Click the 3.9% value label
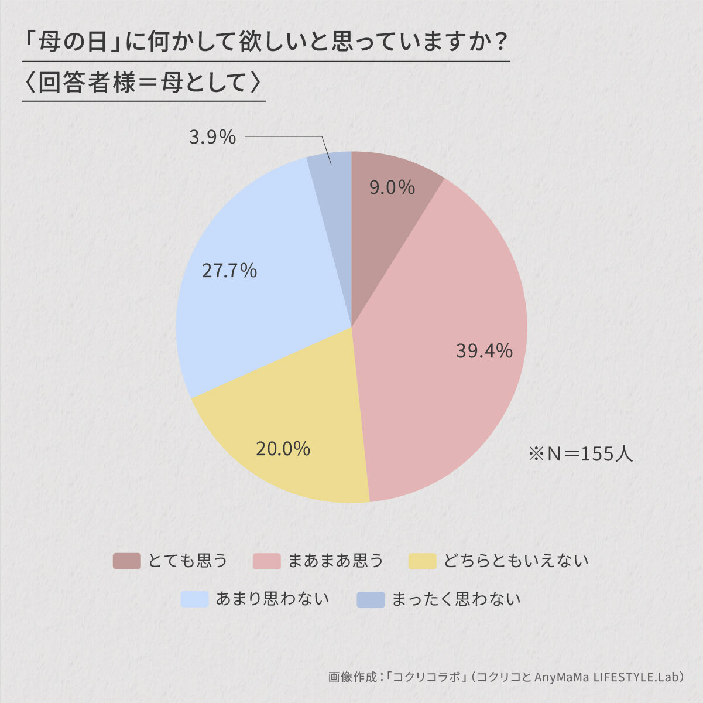212,137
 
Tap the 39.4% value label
484,351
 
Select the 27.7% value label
229,271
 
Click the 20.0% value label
283,449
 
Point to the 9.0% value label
392,187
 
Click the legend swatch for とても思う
126,561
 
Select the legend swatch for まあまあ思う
267,561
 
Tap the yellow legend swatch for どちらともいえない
422,561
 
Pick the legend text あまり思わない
272,599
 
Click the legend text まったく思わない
455,599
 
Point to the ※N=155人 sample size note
580,453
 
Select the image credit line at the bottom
506,677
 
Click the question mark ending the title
499,42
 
